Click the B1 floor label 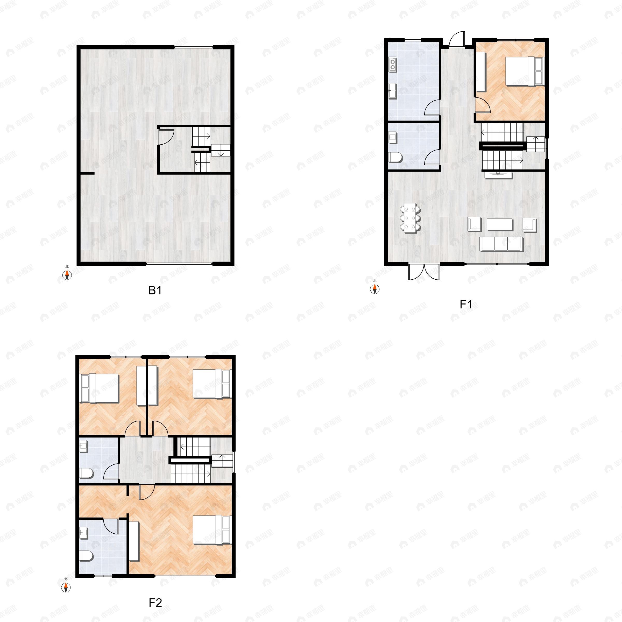pos(155,290)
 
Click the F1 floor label pos(466,304)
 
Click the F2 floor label pos(155,602)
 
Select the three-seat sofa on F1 pos(501,244)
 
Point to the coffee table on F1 pos(499,224)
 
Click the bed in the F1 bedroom pos(524,72)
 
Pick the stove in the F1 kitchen pos(393,64)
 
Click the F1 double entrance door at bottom pos(424,272)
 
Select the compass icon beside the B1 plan pos(67,274)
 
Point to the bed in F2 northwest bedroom pos(100,388)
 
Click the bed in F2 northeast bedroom pos(212,384)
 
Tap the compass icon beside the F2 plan pos(66,586)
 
